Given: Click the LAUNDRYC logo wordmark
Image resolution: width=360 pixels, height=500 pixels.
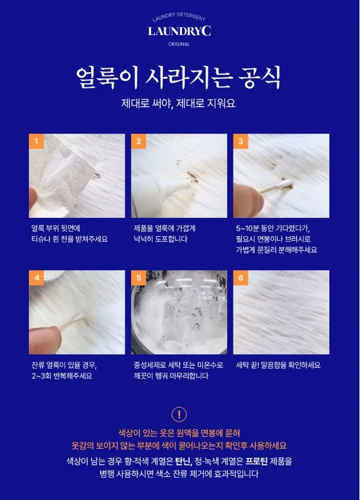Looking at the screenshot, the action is (179, 31).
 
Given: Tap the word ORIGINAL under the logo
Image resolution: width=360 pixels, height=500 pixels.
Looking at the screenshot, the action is (179, 44).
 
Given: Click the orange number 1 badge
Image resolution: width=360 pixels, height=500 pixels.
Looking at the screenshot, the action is (36, 141).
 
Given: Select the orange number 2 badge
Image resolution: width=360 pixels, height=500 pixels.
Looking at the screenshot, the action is (139, 141).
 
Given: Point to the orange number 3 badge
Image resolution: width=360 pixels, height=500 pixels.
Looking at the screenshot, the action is (240, 141).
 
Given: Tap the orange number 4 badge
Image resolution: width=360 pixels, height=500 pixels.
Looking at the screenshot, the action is (36, 278).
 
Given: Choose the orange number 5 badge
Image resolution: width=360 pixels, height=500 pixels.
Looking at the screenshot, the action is (139, 278).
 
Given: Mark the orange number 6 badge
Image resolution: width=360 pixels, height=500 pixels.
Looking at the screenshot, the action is (240, 278).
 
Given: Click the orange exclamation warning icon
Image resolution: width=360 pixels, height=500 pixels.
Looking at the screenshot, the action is (179, 415).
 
